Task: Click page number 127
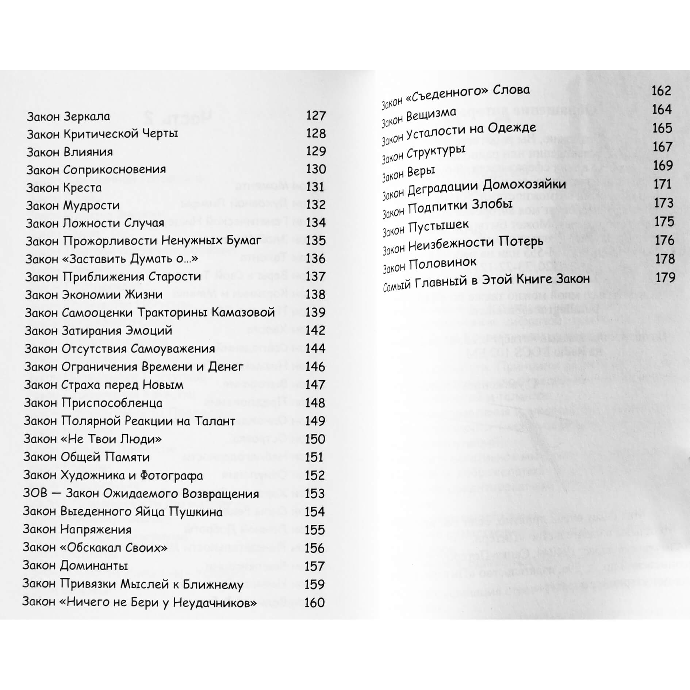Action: [316, 116]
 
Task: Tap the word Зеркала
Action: [87, 116]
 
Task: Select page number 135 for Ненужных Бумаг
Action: [316, 241]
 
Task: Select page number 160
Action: [314, 602]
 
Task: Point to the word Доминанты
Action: [94, 566]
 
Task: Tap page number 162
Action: [661, 91]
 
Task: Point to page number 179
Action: [665, 278]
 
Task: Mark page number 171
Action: [663, 184]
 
